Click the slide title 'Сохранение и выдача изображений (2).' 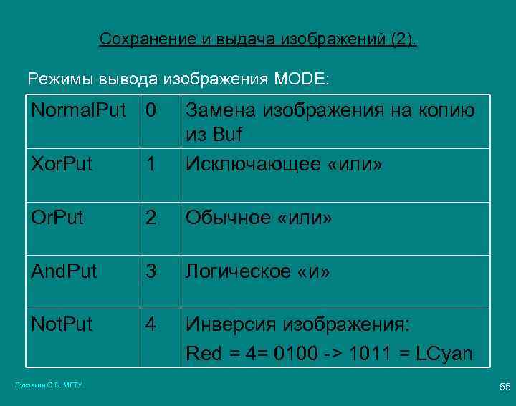257,39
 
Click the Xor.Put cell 62,164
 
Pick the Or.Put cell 57,218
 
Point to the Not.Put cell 62,324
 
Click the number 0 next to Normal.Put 150,110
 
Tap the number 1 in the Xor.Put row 150,164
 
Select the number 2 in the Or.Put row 150,218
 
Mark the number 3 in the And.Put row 150,271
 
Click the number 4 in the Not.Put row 150,324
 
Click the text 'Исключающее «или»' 285,164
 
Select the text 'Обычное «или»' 259,218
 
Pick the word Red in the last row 203,353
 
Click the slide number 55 504,387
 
